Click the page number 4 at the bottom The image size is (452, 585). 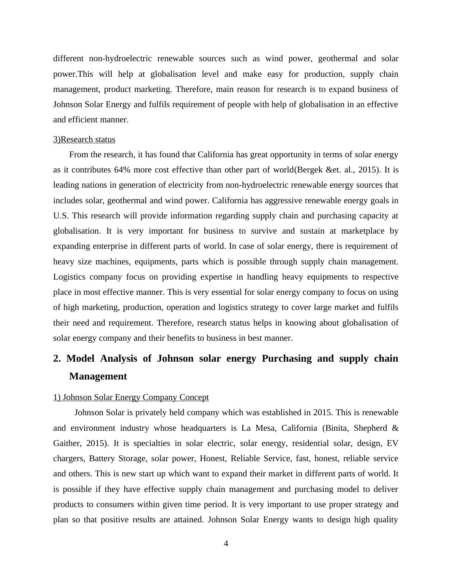pyautogui.click(x=226, y=544)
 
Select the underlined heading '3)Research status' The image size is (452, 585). pyautogui.click(x=84, y=139)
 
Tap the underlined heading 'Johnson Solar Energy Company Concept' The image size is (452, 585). pyautogui.click(x=136, y=397)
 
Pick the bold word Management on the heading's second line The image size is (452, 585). pyautogui.click(x=98, y=376)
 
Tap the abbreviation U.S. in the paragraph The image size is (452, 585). pyautogui.click(x=61, y=216)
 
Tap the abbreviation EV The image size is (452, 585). pyautogui.click(x=392, y=443)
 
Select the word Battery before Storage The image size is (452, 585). pyautogui.click(x=102, y=459)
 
